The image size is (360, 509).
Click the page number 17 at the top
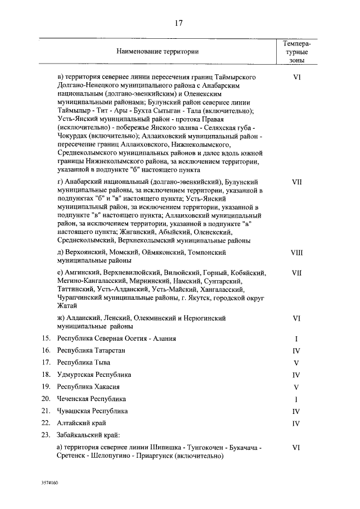179,23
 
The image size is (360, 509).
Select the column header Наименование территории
157,51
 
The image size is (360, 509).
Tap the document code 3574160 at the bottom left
49,483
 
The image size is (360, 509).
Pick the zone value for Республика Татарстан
296,350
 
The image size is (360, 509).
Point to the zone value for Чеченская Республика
296,399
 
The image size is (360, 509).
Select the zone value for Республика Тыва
296,363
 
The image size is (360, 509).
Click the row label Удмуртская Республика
94,375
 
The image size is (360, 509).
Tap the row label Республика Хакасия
88,387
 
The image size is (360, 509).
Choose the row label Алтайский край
81,423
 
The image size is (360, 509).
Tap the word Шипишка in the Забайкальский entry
168,448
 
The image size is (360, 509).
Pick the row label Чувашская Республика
92,411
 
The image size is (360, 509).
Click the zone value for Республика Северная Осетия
296,339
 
